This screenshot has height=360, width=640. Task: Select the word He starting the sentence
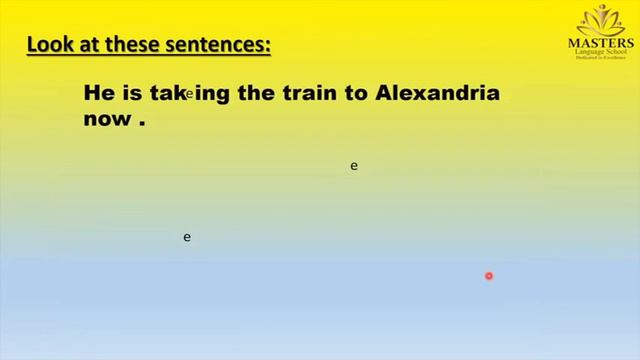[x=98, y=95]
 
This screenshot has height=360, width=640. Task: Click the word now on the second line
[x=104, y=119]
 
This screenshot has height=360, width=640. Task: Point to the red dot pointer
[x=489, y=276]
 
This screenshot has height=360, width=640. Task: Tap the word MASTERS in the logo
[x=601, y=44]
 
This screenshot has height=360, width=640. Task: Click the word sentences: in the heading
[x=223, y=45]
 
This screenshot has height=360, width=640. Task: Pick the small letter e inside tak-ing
[x=188, y=94]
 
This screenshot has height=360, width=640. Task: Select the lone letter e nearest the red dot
[x=354, y=166]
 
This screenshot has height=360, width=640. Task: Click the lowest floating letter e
[x=187, y=237]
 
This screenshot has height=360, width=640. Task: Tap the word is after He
[x=131, y=95]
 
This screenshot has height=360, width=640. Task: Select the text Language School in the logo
[x=601, y=56]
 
